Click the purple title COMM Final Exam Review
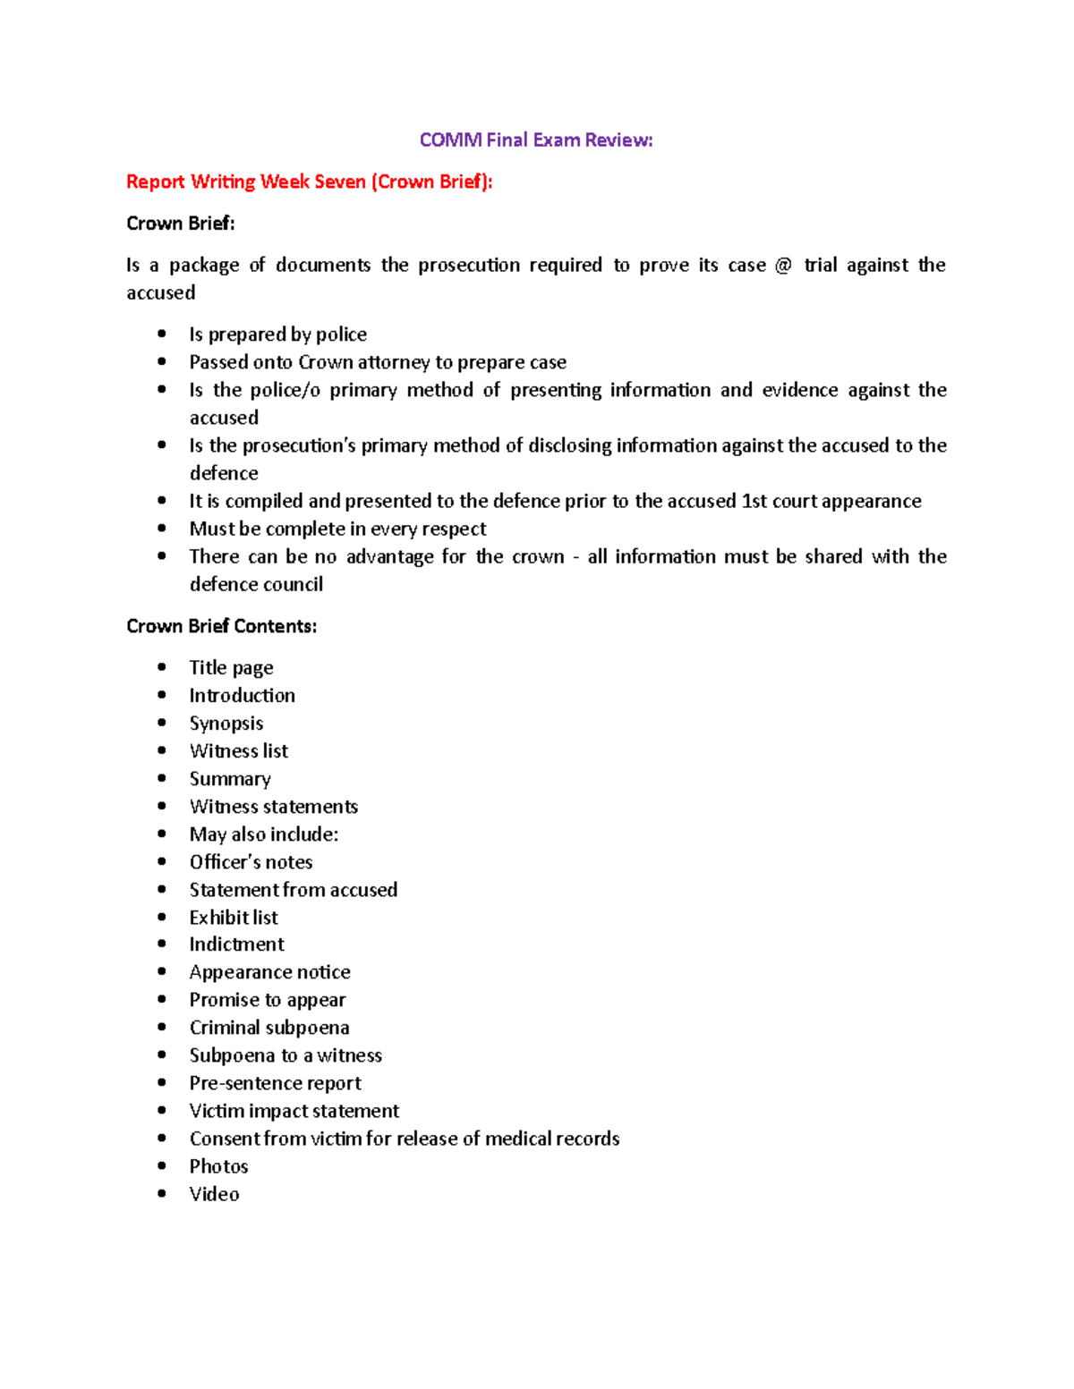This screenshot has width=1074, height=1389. click(x=536, y=140)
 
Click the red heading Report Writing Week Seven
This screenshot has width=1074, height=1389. click(x=309, y=182)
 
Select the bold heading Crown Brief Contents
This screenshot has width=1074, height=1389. click(x=221, y=626)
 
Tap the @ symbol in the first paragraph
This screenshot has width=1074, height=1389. click(x=783, y=265)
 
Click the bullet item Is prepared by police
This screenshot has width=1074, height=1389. click(x=277, y=335)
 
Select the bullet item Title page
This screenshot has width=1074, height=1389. click(x=231, y=668)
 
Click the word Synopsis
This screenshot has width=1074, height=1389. click(x=226, y=724)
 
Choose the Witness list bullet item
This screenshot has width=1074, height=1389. click(x=238, y=751)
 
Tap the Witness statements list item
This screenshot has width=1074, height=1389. click(x=273, y=807)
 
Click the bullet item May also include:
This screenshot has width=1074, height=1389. click(x=263, y=834)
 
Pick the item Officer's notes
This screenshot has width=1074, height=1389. click(x=251, y=862)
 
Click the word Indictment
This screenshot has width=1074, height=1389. click(x=236, y=944)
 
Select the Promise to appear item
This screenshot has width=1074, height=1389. click(x=267, y=1000)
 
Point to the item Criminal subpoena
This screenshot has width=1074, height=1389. click(x=268, y=1028)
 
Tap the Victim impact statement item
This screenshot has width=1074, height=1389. click(x=294, y=1111)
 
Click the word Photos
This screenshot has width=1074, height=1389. click(x=218, y=1166)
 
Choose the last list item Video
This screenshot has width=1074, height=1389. click(x=214, y=1194)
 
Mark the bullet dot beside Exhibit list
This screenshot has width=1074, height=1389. click(x=162, y=917)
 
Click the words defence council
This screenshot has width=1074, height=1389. click(x=256, y=585)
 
